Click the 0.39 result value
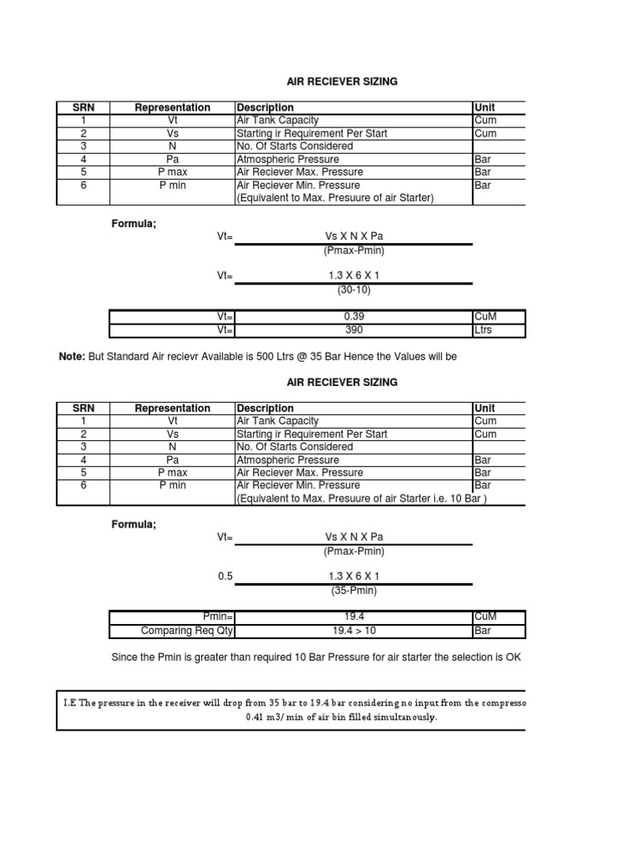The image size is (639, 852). [x=354, y=317]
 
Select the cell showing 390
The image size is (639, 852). [x=354, y=330]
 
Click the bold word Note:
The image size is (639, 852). [x=72, y=357]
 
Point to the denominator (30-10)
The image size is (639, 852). [x=354, y=290]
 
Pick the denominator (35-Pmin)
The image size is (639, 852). [x=354, y=591]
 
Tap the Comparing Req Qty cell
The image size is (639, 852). [x=188, y=631]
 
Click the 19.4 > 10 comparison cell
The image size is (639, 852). [x=354, y=631]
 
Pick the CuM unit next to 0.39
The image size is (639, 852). [x=484, y=317]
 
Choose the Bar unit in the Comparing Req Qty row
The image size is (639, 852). [x=483, y=631]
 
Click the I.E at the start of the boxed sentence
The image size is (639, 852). [x=70, y=701]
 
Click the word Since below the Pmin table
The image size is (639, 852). [x=125, y=657]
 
